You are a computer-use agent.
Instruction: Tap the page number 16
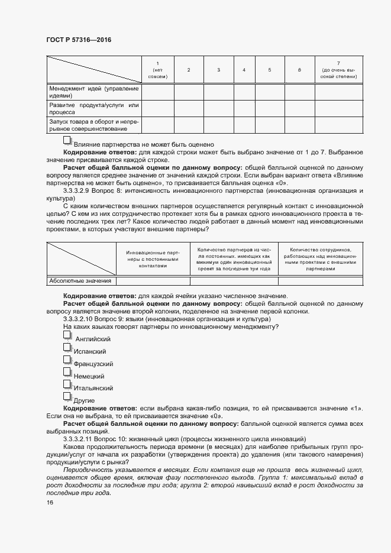50,502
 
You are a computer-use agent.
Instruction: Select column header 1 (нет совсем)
157,70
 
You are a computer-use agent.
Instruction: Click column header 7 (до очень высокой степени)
338,70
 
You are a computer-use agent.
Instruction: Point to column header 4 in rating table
244,70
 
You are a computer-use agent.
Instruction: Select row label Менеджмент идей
93,92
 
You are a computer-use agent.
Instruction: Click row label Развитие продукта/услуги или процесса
93,108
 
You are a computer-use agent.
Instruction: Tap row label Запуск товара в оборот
93,125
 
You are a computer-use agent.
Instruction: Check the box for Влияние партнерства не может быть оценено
67,141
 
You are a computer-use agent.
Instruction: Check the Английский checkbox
67,335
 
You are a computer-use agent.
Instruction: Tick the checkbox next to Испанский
67,348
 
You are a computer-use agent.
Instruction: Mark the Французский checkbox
67,360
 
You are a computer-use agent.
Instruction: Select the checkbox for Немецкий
67,373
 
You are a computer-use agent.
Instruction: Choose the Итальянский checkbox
67,385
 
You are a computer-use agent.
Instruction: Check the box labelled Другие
67,397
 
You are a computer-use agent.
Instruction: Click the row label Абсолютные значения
80,281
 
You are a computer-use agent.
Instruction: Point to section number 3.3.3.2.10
81,319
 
